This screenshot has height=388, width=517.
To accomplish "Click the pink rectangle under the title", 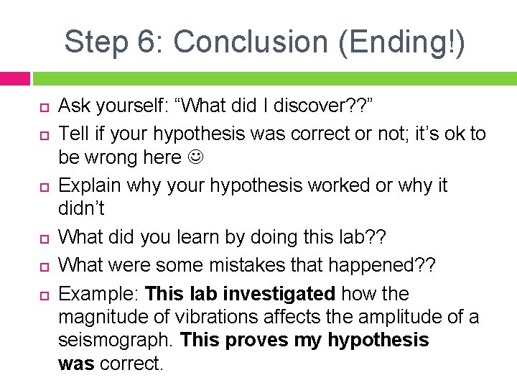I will (14, 78).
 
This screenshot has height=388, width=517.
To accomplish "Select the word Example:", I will (98, 294).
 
